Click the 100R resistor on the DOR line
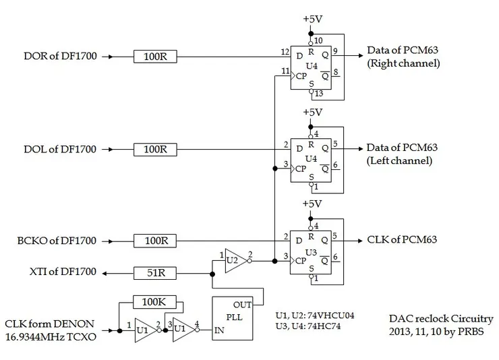pos(155,57)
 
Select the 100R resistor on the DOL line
pos(155,149)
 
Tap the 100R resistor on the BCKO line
pos(155,241)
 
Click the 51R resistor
pos(155,273)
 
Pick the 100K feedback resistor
pos(155,301)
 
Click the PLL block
pos(233,317)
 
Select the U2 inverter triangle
pos(233,260)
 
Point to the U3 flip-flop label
pos(312,251)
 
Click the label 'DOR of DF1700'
pos(60,57)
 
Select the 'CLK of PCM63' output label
pos(402,241)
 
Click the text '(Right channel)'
pos(403,63)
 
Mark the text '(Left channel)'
pos(400,161)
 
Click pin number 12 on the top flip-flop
pos(285,52)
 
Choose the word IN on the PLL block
pos(220,332)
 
